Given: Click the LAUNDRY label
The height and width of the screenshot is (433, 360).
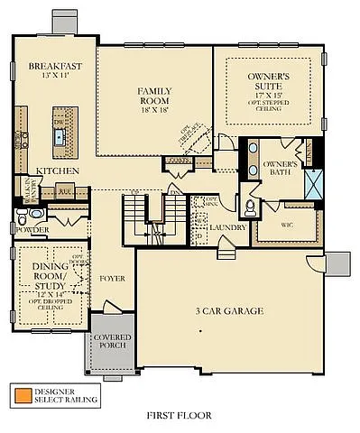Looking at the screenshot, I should point(227,227).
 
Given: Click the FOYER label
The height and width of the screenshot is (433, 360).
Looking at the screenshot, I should point(112,278).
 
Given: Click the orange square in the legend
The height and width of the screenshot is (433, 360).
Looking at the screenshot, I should point(19,394).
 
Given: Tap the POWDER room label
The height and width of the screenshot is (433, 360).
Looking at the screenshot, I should point(31,230).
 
